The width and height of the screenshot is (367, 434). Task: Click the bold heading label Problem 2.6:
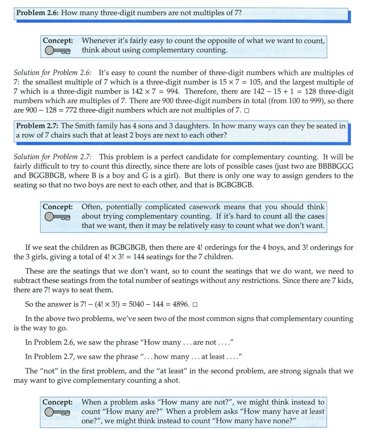click(x=37, y=12)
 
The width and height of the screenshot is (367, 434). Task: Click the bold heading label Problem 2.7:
click(x=37, y=126)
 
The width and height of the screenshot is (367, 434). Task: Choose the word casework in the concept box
click(x=203, y=207)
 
